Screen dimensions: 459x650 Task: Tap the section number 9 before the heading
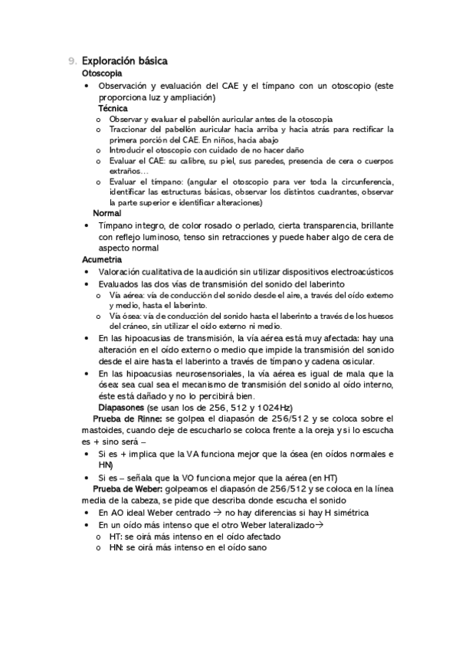point(71,60)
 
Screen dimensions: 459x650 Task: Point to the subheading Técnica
point(113,108)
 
